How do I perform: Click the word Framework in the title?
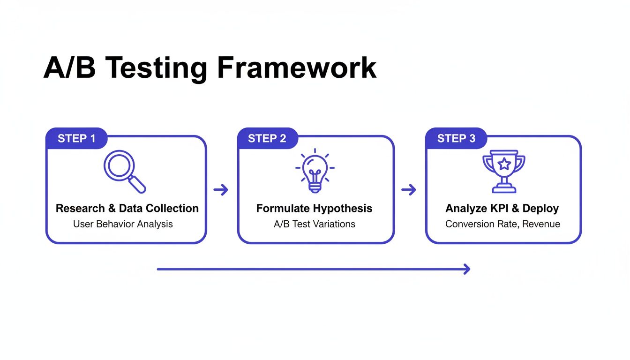tap(297, 68)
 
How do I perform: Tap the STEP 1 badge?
tap(76, 138)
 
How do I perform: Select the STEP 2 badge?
tap(267, 138)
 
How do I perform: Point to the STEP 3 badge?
tap(456, 138)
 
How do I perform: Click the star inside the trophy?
tap(504, 164)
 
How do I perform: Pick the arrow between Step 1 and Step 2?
tap(221, 190)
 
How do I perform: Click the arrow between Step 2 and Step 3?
tap(409, 190)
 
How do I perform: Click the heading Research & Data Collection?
tap(127, 208)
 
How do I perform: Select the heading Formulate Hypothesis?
tap(314, 208)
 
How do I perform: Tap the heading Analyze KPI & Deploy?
tap(502, 208)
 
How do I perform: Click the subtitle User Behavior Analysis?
tap(123, 224)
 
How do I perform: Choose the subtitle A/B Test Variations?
tap(314, 224)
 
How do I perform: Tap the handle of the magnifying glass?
tap(139, 186)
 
